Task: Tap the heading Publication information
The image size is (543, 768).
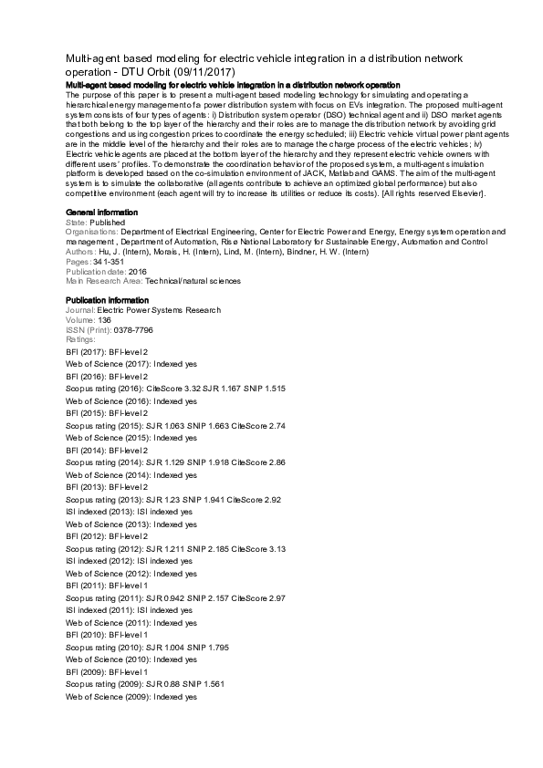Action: point(107,300)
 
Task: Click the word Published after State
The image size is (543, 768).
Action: point(108,222)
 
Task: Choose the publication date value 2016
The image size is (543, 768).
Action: point(138,271)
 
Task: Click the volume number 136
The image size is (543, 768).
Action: point(104,320)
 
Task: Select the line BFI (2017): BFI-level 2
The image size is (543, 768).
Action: point(107,351)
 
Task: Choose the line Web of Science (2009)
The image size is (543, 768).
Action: point(131,697)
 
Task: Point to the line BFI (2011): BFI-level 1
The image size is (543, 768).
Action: point(107,585)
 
